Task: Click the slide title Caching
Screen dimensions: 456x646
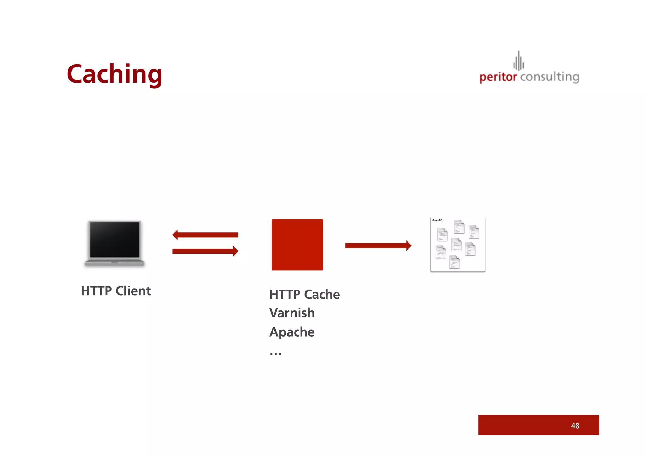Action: coord(115,74)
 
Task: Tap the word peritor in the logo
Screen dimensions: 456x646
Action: coord(498,77)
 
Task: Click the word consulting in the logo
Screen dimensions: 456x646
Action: coord(549,77)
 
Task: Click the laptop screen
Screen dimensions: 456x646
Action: coord(115,240)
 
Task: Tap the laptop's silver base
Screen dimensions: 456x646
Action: coord(115,263)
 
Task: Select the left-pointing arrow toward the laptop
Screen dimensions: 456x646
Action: coord(205,235)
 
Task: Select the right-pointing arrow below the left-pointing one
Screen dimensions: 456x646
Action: coord(205,251)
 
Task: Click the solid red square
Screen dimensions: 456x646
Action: coord(297,245)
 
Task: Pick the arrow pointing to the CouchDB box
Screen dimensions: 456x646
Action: coord(378,245)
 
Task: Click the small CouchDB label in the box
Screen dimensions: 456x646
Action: coord(437,220)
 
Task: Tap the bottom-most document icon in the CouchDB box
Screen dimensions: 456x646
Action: coord(455,262)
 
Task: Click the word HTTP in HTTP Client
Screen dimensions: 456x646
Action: coord(96,291)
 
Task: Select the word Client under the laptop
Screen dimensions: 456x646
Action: coord(133,291)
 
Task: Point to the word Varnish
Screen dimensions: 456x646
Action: coord(292,313)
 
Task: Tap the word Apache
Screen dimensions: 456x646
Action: coord(292,332)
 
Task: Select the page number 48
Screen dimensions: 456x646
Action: coord(575,426)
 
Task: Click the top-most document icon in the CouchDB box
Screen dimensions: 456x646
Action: coord(459,227)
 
